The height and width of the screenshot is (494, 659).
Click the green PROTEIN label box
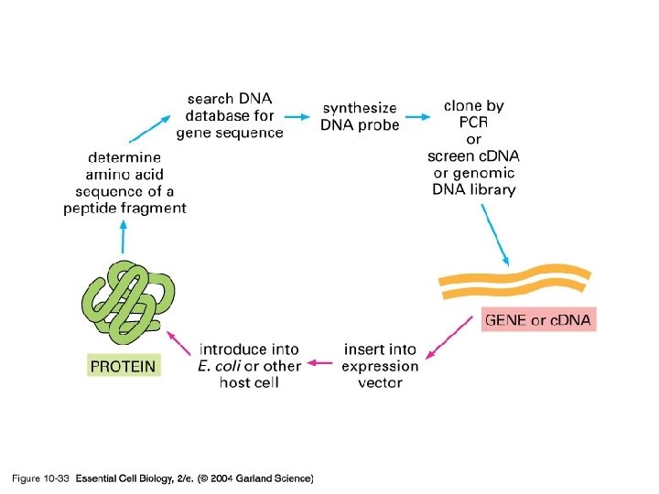coord(124,367)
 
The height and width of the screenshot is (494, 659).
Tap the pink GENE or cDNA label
coord(538,320)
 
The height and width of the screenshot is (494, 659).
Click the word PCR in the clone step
coord(473,123)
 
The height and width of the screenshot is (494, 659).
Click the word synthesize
coord(360,109)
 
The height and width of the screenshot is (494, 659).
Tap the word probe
coord(379,125)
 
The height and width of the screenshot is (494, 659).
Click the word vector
coord(379,382)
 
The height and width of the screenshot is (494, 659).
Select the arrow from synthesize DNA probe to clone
coord(418,116)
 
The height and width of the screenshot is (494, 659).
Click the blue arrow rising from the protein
coord(123,239)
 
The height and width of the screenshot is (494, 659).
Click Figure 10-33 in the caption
coord(41,478)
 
